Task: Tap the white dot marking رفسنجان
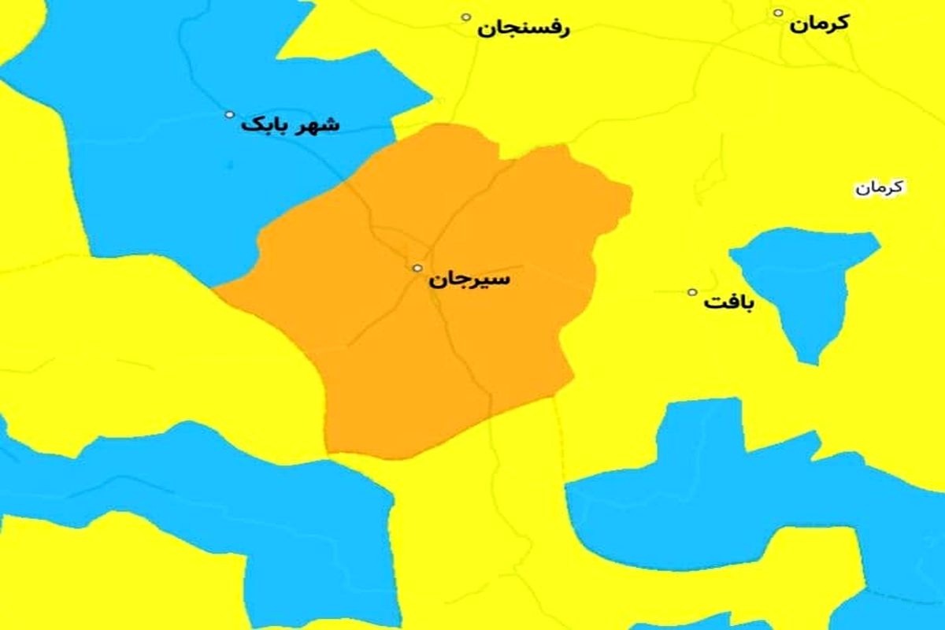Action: click(466, 17)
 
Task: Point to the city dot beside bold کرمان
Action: click(778, 13)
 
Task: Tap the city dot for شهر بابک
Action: click(230, 114)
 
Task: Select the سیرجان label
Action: click(469, 280)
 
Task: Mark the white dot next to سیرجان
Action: click(417, 268)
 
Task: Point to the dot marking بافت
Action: click(692, 292)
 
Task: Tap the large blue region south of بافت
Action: click(709, 488)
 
